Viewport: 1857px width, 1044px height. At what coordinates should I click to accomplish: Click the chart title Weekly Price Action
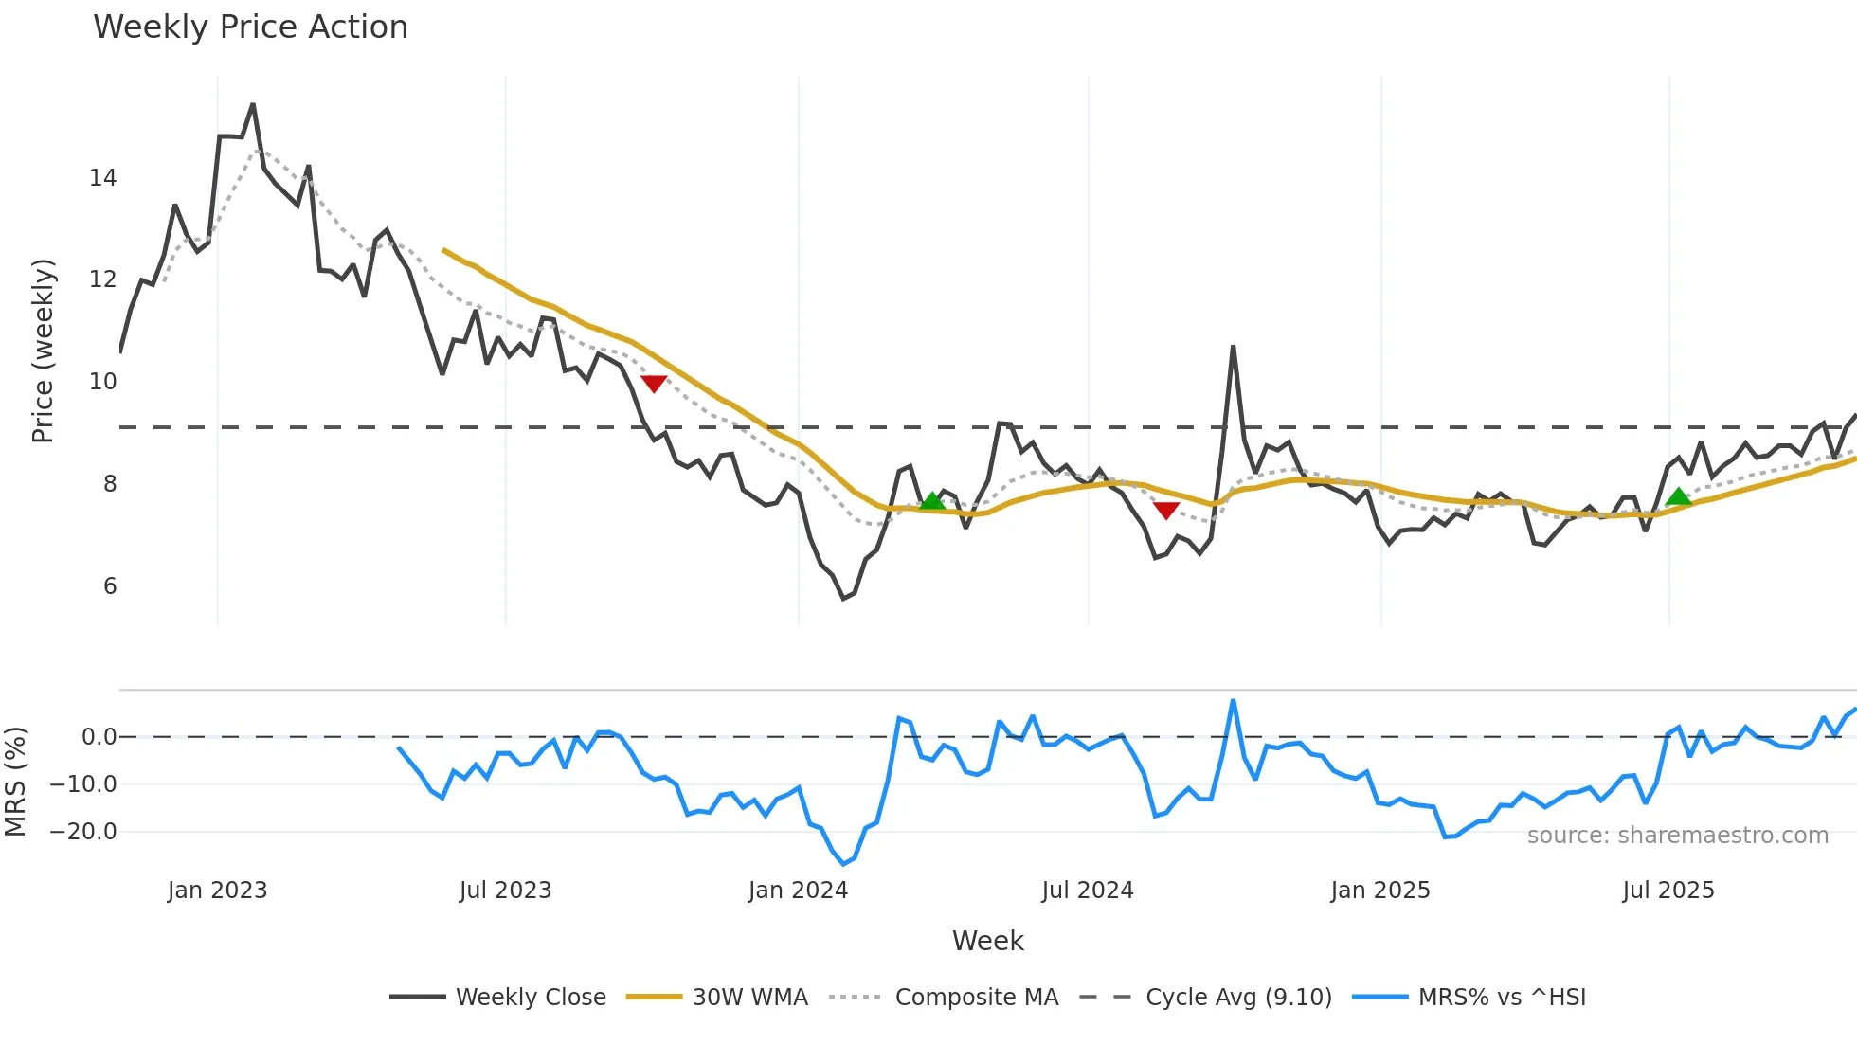[x=250, y=27]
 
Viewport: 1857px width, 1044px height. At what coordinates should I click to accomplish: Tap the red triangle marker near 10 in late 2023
[x=654, y=383]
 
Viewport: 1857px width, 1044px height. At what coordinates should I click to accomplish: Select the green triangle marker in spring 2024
[x=932, y=501]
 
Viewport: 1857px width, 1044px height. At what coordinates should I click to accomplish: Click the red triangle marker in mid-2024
[x=1166, y=511]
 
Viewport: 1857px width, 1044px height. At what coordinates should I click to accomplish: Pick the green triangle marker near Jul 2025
[x=1679, y=496]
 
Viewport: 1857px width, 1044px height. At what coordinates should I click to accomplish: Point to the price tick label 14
[x=102, y=178]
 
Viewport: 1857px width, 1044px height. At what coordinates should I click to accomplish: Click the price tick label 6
[x=110, y=586]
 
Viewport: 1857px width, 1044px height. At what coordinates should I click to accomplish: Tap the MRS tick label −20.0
[x=83, y=832]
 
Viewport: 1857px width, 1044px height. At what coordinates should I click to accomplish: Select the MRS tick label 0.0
[x=99, y=737]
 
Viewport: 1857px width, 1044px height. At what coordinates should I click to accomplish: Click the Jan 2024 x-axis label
[x=798, y=891]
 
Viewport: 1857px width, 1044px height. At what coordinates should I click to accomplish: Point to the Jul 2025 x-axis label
[x=1668, y=891]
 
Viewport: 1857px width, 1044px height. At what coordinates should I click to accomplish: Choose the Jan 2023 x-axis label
[x=217, y=891]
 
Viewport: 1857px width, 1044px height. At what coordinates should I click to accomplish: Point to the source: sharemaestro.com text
[x=1677, y=836]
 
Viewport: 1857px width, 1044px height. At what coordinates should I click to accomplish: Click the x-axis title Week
[x=987, y=941]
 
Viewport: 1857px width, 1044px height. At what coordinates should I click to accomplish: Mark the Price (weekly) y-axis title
[x=43, y=351]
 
